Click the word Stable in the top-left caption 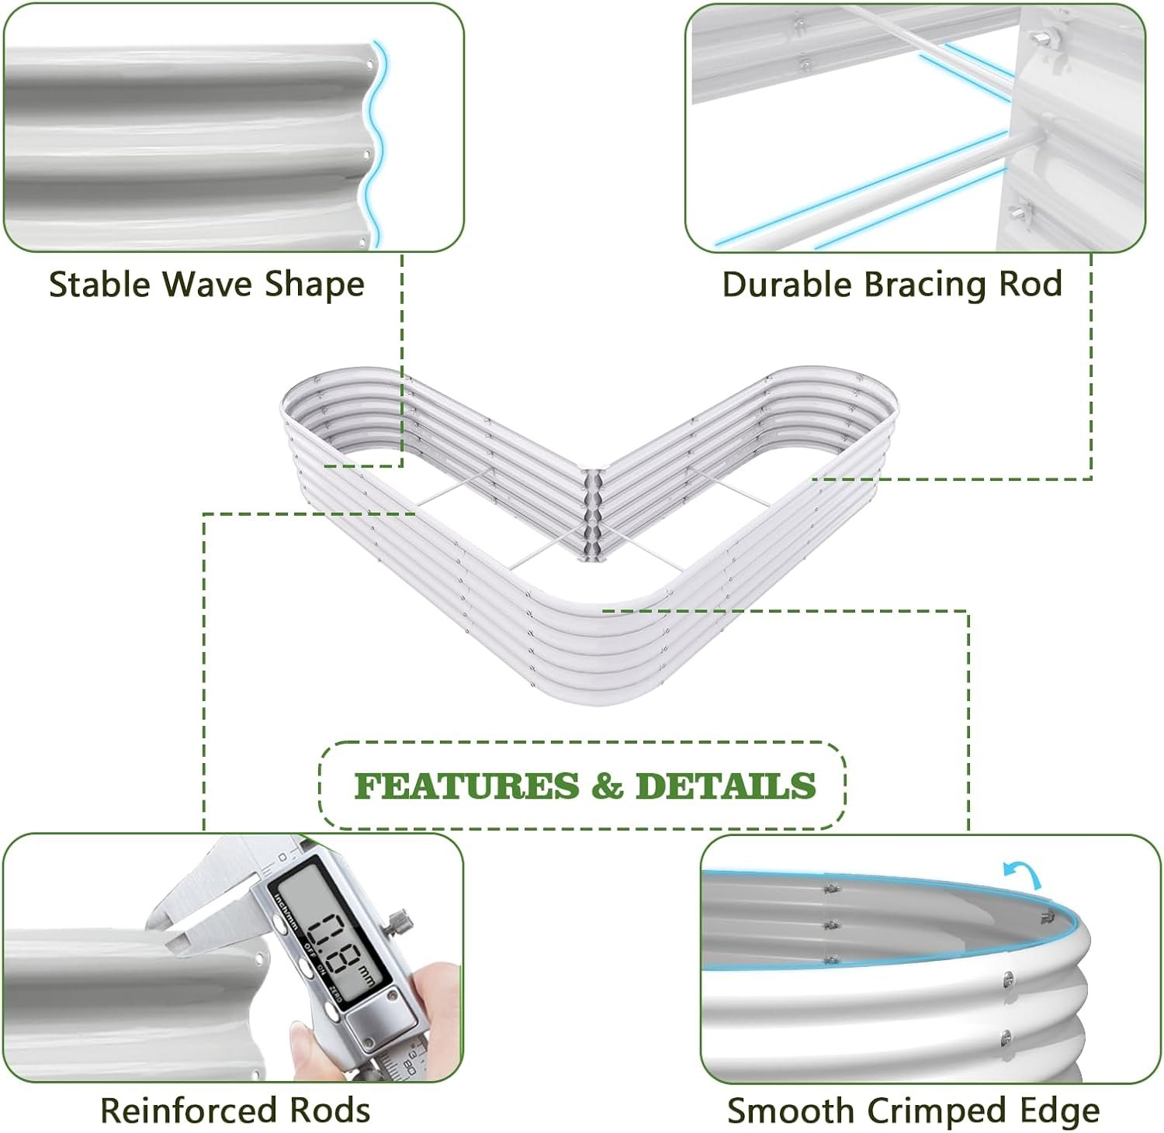[x=101, y=284]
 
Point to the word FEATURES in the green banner [x=466, y=786]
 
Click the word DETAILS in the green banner [x=726, y=786]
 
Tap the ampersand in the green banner [x=607, y=786]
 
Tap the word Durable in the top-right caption [x=787, y=284]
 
